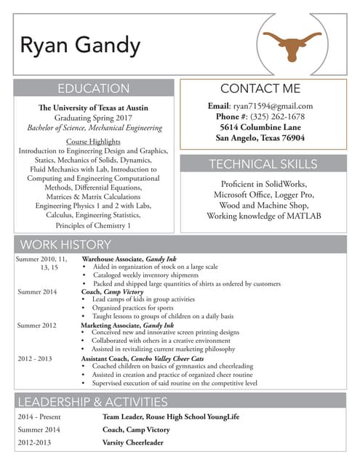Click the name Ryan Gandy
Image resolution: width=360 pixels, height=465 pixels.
[x=80, y=46]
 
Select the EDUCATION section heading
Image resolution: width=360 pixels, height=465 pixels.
[x=94, y=89]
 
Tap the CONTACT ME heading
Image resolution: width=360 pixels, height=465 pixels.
[x=260, y=89]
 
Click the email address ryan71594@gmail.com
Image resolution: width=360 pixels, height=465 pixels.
[x=272, y=106]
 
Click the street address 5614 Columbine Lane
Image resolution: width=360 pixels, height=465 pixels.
[x=260, y=126]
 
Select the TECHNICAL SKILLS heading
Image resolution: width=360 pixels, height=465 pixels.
[x=263, y=163]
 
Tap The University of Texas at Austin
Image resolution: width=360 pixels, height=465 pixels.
[x=93, y=108]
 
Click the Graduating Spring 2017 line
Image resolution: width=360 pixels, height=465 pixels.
[x=93, y=118]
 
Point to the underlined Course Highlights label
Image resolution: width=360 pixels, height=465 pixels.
[x=93, y=140]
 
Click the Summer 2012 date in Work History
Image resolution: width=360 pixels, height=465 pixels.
[x=37, y=325]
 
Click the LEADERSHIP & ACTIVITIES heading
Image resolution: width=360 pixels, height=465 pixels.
[x=92, y=402]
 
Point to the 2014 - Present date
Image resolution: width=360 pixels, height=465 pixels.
[x=40, y=417]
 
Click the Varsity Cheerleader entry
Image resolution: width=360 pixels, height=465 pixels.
[x=132, y=442]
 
